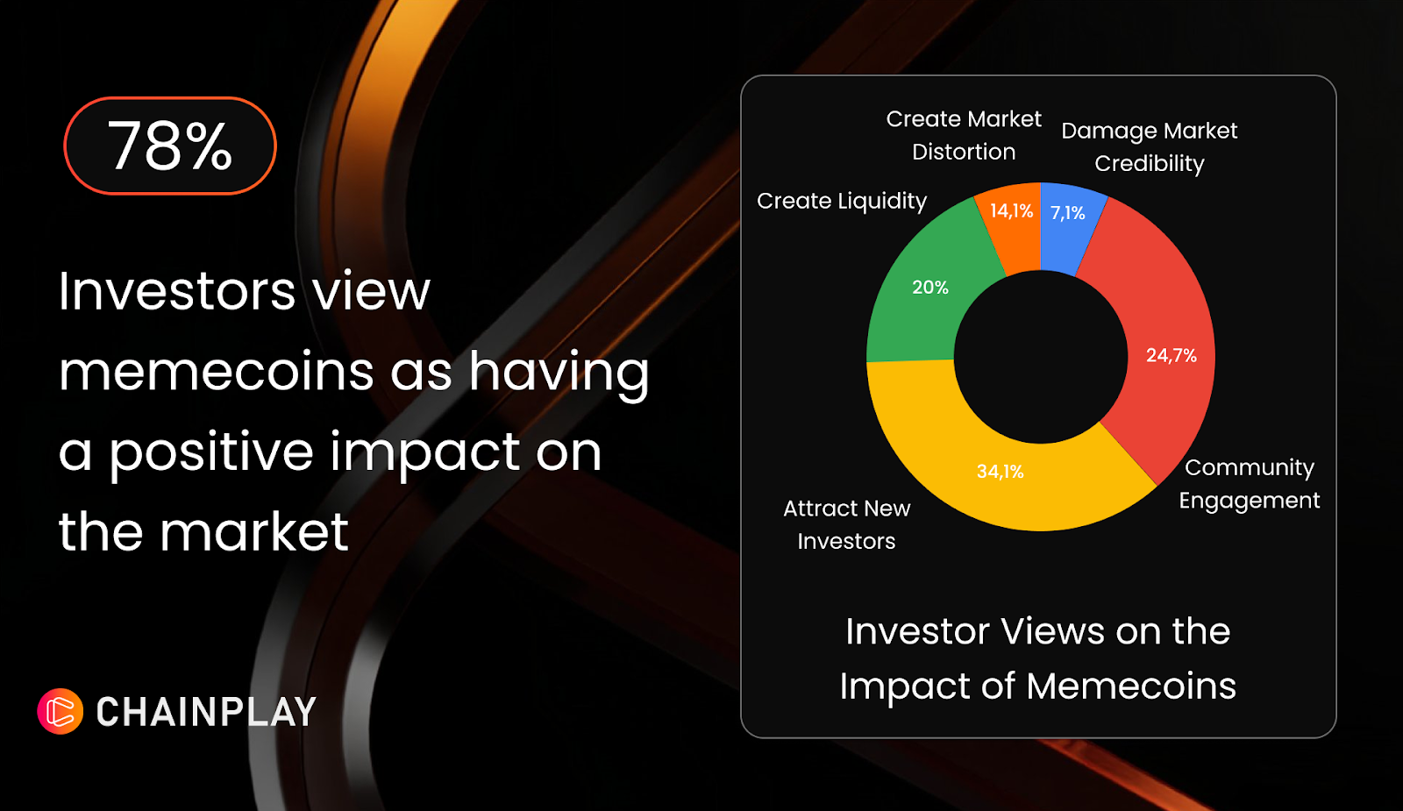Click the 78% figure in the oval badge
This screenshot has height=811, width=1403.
click(170, 146)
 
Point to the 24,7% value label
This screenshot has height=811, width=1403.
click(1172, 356)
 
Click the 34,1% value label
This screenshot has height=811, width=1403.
click(1001, 472)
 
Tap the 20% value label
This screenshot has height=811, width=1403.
click(930, 288)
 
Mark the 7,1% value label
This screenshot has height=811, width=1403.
click(1068, 214)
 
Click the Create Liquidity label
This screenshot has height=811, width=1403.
click(841, 201)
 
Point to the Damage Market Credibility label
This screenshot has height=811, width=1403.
click(1150, 147)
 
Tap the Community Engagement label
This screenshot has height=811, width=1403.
click(1250, 484)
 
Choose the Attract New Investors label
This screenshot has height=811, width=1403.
click(847, 525)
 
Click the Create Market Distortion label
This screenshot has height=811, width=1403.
click(964, 135)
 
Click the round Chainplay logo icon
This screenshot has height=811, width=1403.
click(61, 711)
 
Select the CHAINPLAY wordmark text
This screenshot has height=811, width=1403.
click(206, 712)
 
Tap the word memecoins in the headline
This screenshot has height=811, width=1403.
click(216, 372)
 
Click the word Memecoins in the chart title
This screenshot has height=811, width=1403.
click(1131, 686)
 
